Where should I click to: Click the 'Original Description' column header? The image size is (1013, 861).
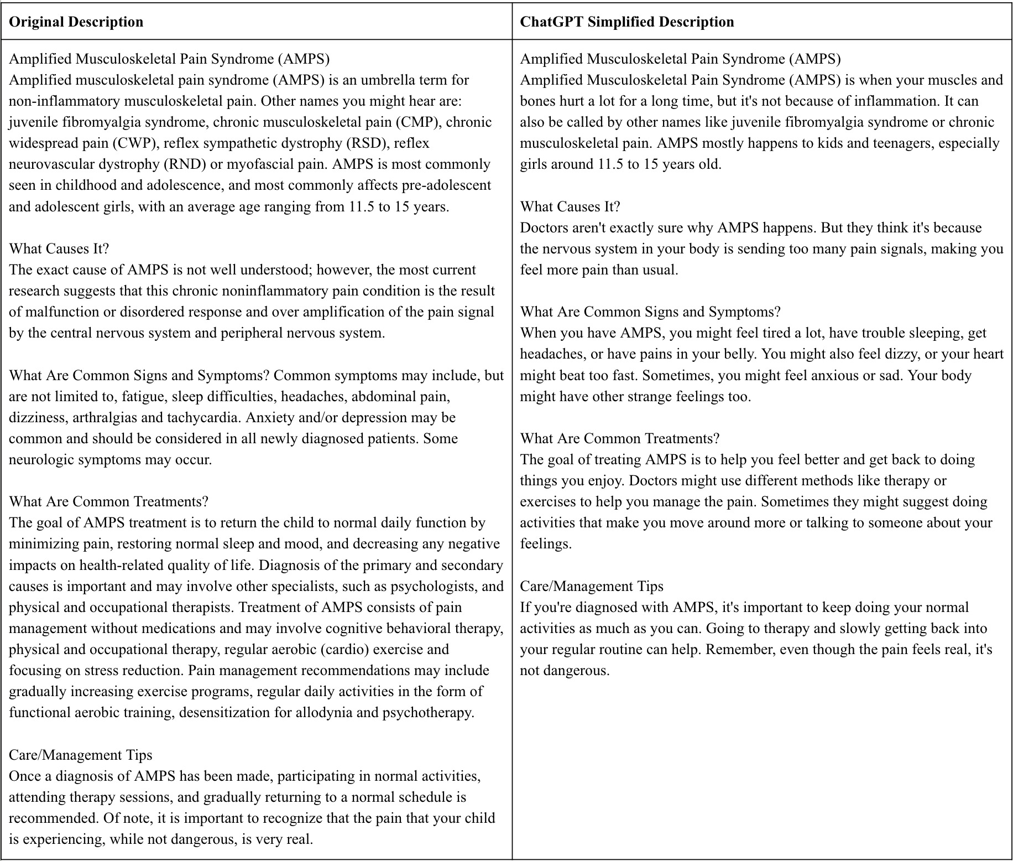tap(76, 22)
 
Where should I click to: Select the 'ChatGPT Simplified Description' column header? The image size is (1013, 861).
tap(627, 22)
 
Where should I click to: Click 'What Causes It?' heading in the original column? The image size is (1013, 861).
tap(59, 248)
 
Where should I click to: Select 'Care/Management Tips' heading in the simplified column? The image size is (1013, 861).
tap(592, 586)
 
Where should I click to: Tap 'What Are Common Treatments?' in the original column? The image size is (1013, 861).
tap(109, 501)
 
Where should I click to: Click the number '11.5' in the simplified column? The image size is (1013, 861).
tap(613, 164)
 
